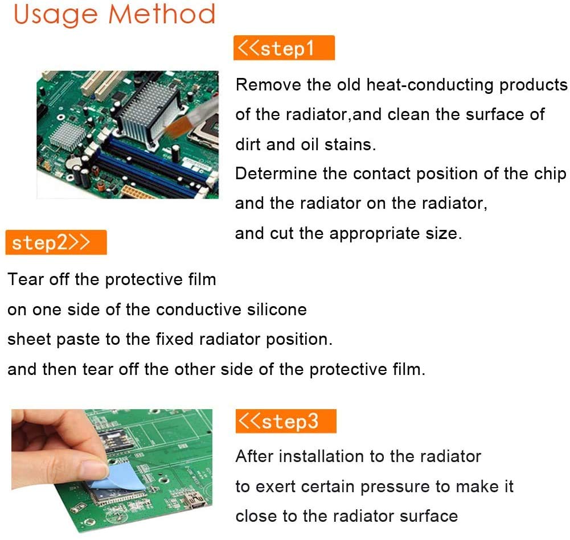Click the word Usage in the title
pyautogui.click(x=56, y=15)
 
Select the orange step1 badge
pyautogui.click(x=284, y=48)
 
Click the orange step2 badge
pyautogui.click(x=56, y=242)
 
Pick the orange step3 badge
pyautogui.click(x=286, y=421)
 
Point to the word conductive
pyautogui.click(x=199, y=310)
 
